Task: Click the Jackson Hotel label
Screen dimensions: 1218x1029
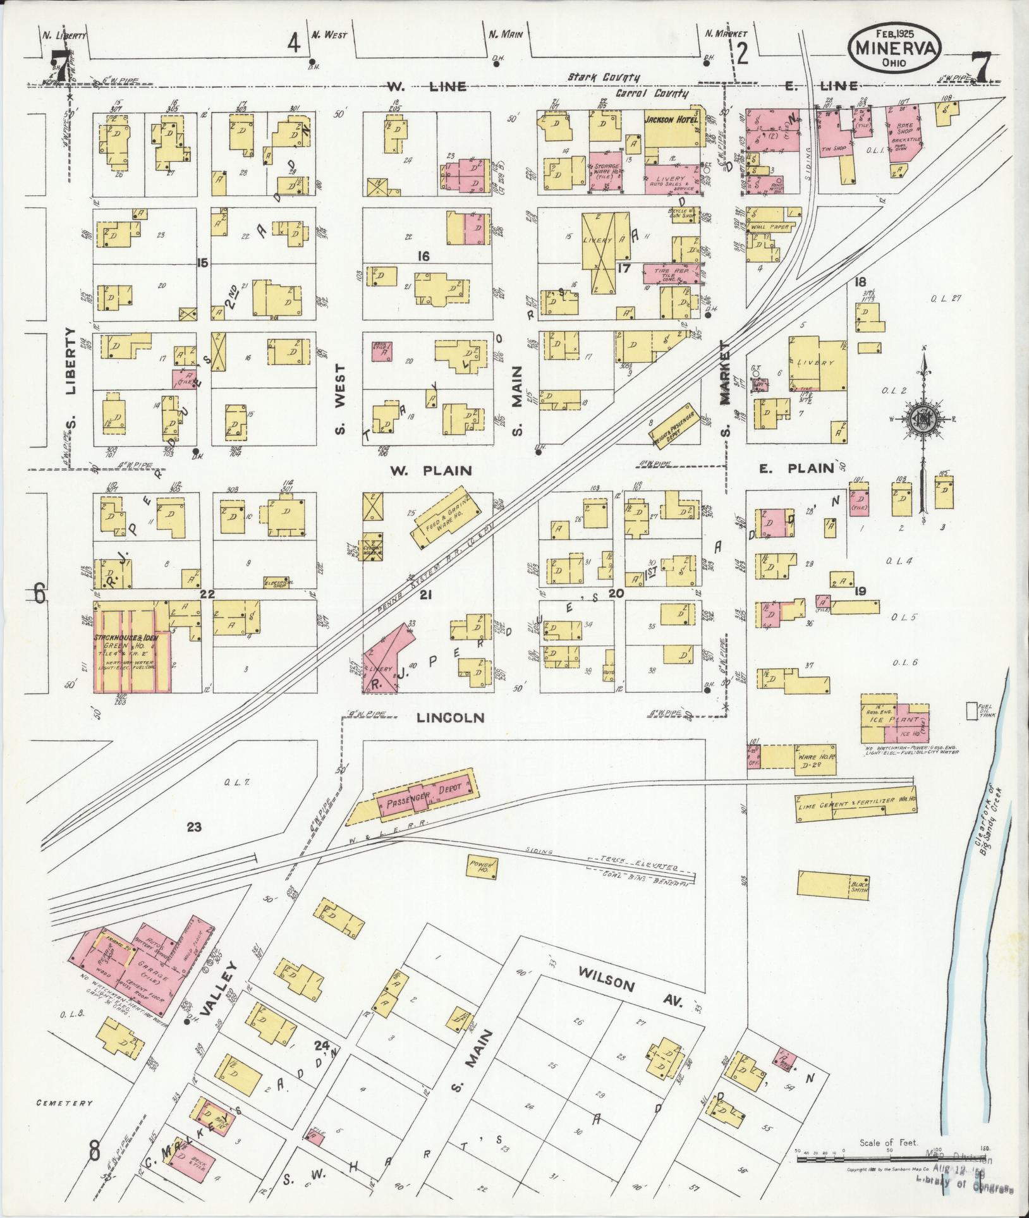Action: (x=671, y=119)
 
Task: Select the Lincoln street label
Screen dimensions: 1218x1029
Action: (x=450, y=718)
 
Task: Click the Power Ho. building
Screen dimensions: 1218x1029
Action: (x=481, y=867)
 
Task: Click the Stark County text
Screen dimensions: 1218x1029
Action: (x=603, y=77)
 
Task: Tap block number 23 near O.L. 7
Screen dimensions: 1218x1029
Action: (x=193, y=827)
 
